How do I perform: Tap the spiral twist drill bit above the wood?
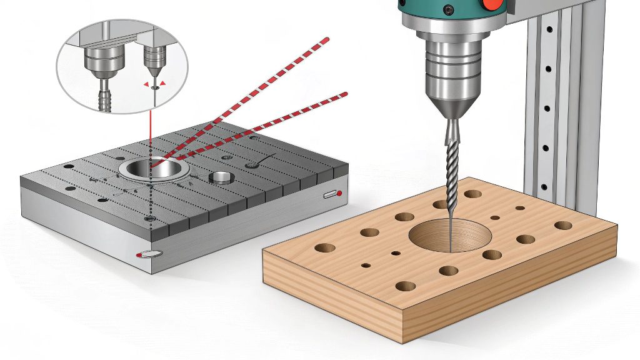click(x=451, y=162)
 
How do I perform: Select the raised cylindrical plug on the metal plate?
click(x=223, y=177)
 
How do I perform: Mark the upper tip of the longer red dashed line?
click(x=326, y=39)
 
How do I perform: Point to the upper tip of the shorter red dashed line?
click(x=344, y=94)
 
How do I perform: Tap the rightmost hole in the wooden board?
click(x=563, y=225)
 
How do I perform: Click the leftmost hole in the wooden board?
click(x=324, y=248)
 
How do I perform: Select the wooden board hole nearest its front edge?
click(x=405, y=286)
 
